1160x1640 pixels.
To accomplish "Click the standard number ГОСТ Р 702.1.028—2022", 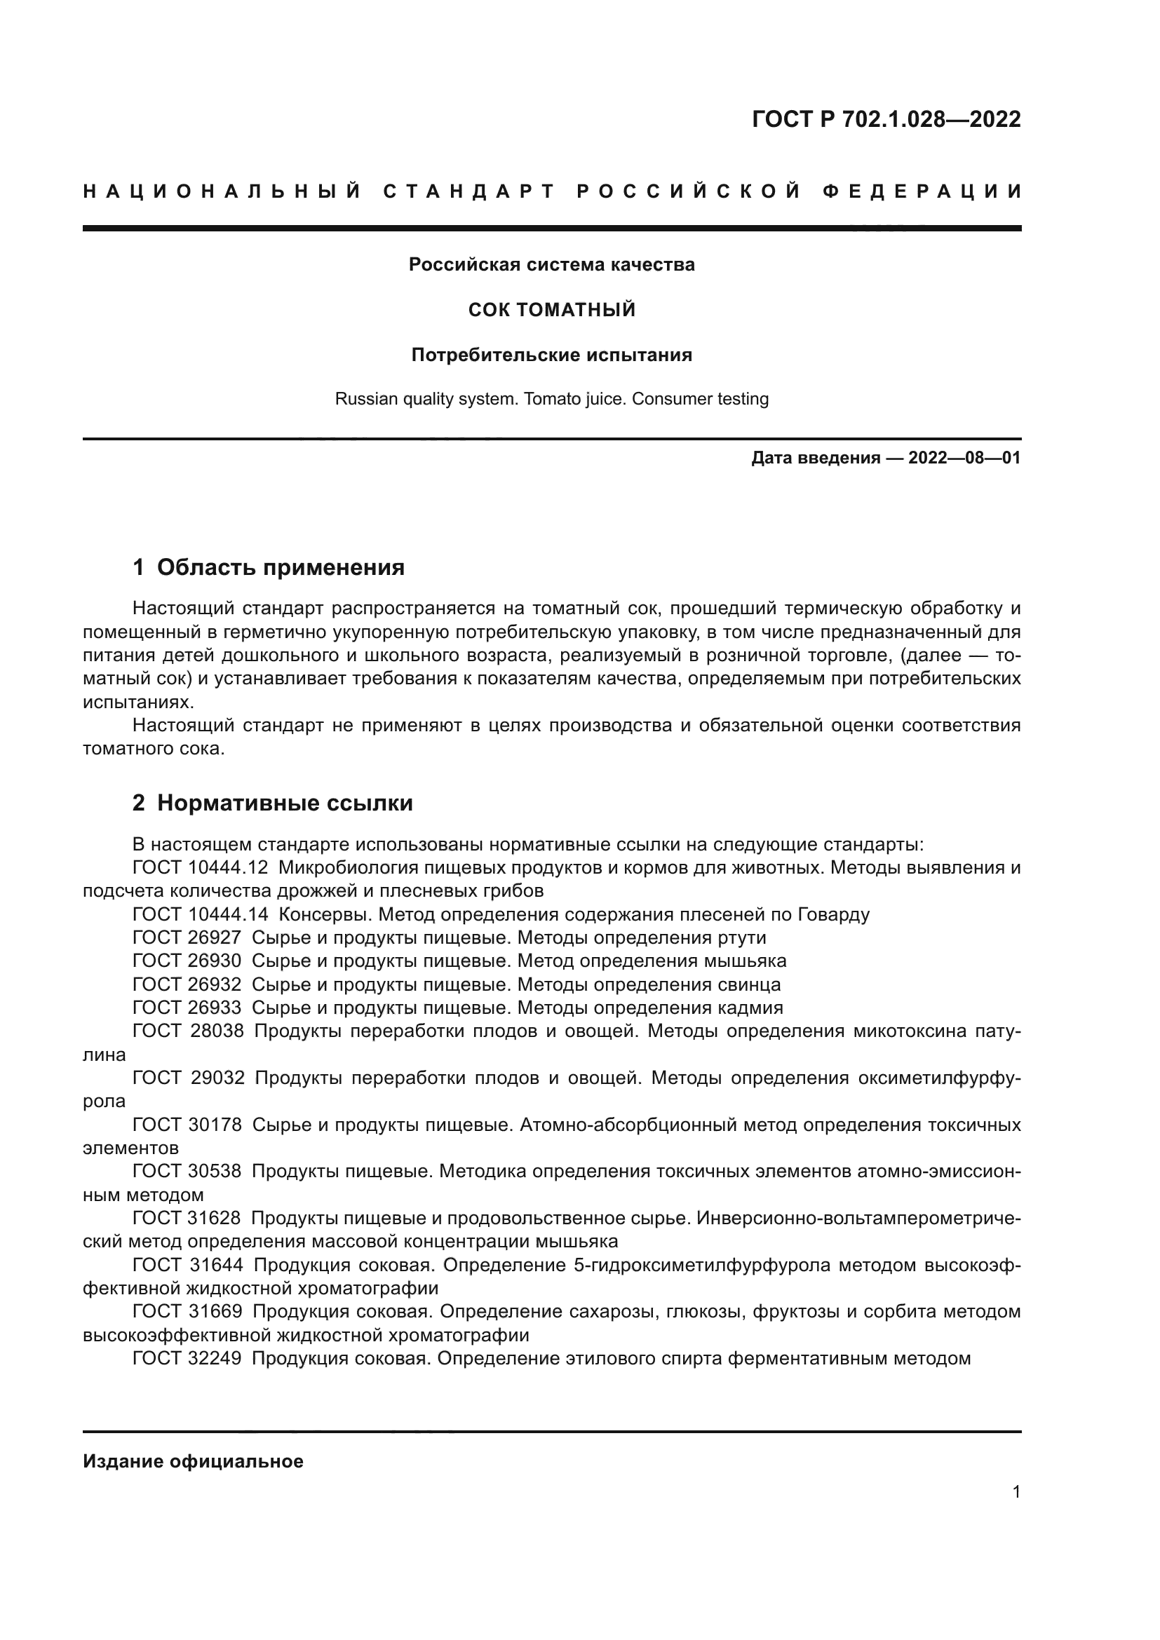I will coord(886,119).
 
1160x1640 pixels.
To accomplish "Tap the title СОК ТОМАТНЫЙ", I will coord(551,310).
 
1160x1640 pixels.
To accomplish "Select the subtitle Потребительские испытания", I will coord(551,355).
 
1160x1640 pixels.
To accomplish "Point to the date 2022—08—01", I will coord(964,458).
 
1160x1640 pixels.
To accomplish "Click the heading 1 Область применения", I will coord(269,568).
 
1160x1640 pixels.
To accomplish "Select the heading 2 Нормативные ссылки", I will coord(272,804).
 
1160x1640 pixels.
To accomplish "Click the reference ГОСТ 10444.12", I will coord(200,868).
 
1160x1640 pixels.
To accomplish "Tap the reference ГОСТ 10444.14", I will coord(200,915).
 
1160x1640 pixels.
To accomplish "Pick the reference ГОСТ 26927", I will coord(187,938).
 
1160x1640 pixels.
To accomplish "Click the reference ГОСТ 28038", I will coord(188,1031).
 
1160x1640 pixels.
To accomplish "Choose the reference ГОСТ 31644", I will coord(188,1265).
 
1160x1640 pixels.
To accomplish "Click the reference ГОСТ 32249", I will coord(187,1359).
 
